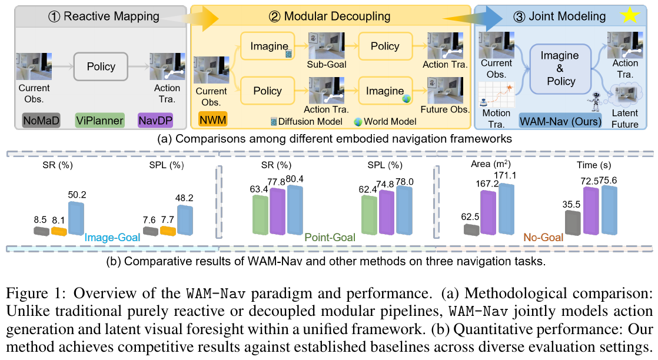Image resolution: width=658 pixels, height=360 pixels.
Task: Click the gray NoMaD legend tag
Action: pos(41,121)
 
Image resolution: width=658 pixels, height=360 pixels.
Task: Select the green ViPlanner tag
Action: pos(100,121)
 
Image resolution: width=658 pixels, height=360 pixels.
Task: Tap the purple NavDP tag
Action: pos(156,121)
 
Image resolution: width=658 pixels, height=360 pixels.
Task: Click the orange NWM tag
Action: pos(212,119)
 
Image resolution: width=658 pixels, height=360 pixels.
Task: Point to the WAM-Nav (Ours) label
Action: pos(560,121)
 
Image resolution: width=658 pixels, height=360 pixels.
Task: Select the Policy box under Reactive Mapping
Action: pos(101,66)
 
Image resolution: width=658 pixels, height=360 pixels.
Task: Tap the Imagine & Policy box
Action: pos(560,68)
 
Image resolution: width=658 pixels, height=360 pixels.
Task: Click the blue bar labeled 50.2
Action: pos(76,218)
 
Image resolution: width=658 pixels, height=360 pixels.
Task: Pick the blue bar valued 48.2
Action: pos(185,220)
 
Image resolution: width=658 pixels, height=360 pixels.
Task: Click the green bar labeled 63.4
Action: pos(260,214)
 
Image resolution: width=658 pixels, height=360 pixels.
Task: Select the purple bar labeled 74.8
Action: pos(387,212)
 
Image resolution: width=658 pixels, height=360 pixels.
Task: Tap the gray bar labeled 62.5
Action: pos(471,229)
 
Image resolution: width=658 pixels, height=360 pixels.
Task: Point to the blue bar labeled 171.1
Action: pos(507,209)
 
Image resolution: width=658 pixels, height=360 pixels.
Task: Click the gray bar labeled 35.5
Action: pos(573,223)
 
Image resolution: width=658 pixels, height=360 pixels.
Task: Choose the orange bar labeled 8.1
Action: pos(59,231)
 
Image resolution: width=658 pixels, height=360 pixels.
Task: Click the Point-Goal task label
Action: pos(330,238)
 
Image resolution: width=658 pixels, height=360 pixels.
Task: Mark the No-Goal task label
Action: pos(543,238)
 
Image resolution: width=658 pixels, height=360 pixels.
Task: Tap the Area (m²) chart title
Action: pos(491,164)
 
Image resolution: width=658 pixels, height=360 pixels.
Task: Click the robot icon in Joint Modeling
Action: pos(595,102)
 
